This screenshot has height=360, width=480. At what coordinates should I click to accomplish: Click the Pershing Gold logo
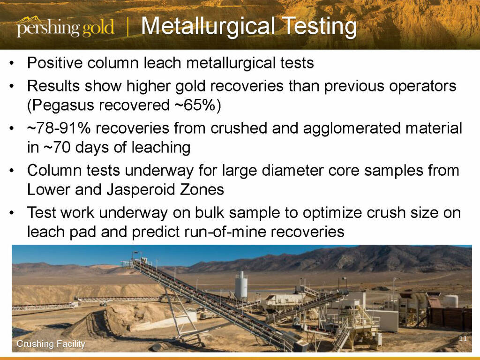[66, 27]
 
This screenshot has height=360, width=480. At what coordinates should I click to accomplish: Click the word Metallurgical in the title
[208, 26]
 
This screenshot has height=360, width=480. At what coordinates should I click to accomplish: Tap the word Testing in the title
[319, 27]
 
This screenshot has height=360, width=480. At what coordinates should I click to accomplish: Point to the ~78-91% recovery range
[59, 128]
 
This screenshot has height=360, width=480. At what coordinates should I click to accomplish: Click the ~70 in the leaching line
[57, 147]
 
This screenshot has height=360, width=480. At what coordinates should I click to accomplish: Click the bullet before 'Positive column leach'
[12, 63]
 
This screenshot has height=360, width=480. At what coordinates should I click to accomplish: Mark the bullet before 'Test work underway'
[12, 213]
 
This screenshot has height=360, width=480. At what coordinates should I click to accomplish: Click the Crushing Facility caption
[51, 344]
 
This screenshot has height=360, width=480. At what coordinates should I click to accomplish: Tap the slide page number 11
[463, 338]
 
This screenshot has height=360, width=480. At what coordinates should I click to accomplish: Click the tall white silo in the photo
[241, 285]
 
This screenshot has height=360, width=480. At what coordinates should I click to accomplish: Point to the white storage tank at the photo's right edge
[450, 301]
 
